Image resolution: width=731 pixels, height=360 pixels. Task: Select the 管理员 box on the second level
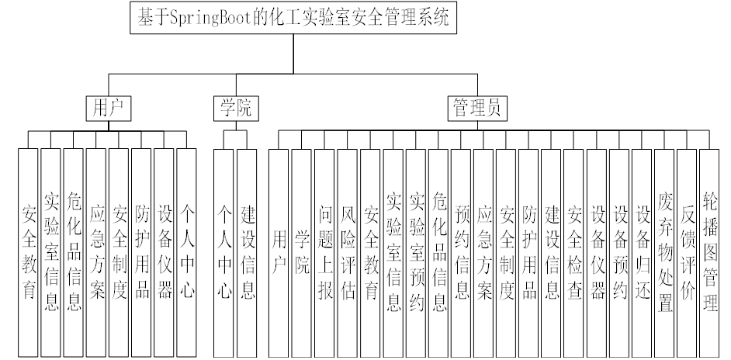(x=476, y=108)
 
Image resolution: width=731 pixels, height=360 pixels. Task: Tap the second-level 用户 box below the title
(x=108, y=108)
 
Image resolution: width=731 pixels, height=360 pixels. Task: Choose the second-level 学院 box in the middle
(x=234, y=108)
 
